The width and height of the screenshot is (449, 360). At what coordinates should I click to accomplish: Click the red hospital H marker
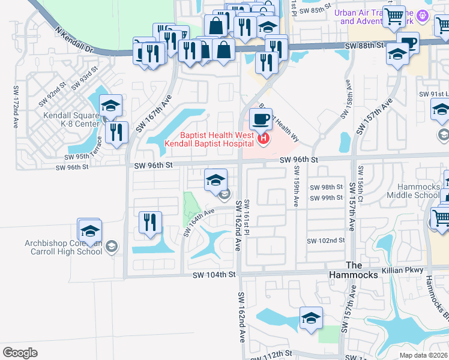click(x=262, y=140)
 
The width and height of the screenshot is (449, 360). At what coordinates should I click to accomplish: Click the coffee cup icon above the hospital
click(x=261, y=119)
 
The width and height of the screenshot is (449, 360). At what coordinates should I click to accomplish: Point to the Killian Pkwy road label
click(x=406, y=270)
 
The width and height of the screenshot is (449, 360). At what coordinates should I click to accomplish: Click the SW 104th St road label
click(x=215, y=274)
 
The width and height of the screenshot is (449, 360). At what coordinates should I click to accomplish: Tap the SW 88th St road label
click(x=364, y=45)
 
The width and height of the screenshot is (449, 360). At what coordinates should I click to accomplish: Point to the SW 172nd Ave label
click(x=16, y=107)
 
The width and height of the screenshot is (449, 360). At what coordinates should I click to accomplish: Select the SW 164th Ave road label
click(x=199, y=221)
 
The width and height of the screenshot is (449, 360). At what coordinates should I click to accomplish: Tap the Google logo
click(x=20, y=352)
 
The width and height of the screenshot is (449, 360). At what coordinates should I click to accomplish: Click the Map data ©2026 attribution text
click(x=423, y=355)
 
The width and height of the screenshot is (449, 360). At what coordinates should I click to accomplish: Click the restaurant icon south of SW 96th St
click(x=149, y=222)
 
